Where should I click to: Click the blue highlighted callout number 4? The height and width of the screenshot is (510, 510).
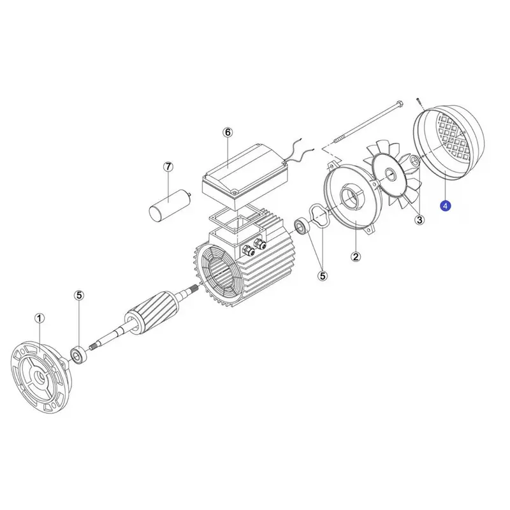click(445, 206)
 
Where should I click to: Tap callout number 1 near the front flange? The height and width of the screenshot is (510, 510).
click(40, 318)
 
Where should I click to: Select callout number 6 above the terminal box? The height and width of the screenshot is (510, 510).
click(228, 133)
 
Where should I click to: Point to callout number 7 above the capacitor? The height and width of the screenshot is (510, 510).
click(168, 167)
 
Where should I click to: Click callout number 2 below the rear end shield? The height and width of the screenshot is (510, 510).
click(356, 257)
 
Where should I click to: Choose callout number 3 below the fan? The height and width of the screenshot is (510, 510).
click(419, 220)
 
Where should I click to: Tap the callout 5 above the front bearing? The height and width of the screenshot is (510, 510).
click(79, 295)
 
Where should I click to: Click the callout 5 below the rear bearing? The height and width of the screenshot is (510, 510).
click(323, 276)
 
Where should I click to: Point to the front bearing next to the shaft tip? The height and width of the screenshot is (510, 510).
click(78, 356)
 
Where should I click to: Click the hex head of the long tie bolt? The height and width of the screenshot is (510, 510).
click(400, 105)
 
